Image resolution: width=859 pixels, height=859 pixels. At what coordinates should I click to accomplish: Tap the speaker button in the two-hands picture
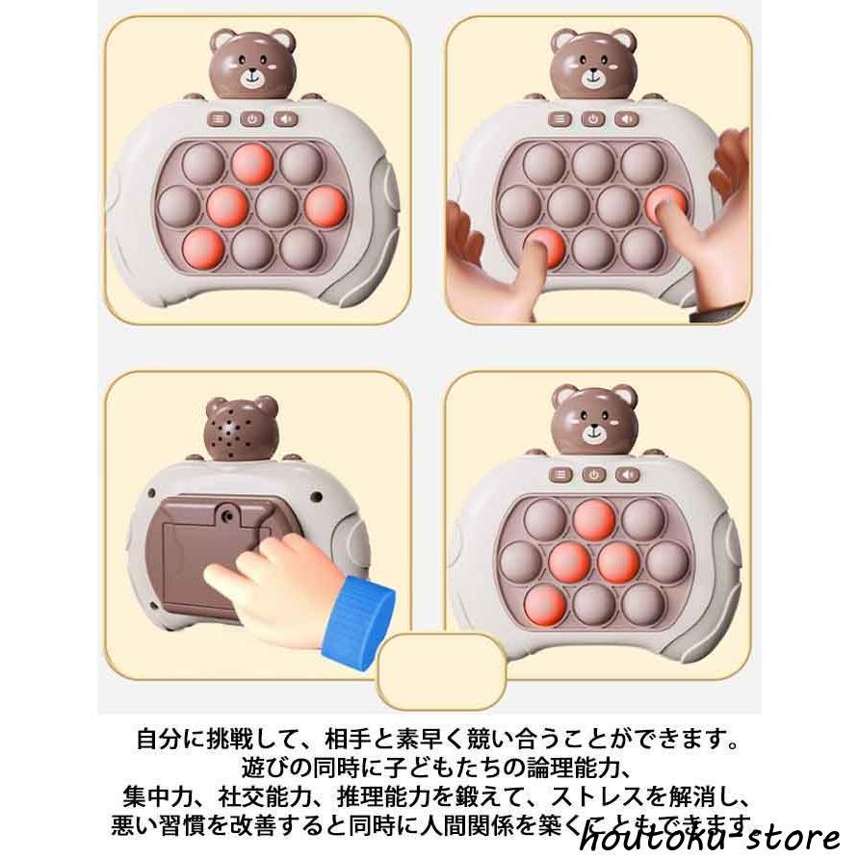point(627,119)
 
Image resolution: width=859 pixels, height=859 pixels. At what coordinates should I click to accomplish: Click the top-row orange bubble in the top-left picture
point(253,163)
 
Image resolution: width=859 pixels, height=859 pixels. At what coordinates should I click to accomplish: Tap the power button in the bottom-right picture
point(595,474)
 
